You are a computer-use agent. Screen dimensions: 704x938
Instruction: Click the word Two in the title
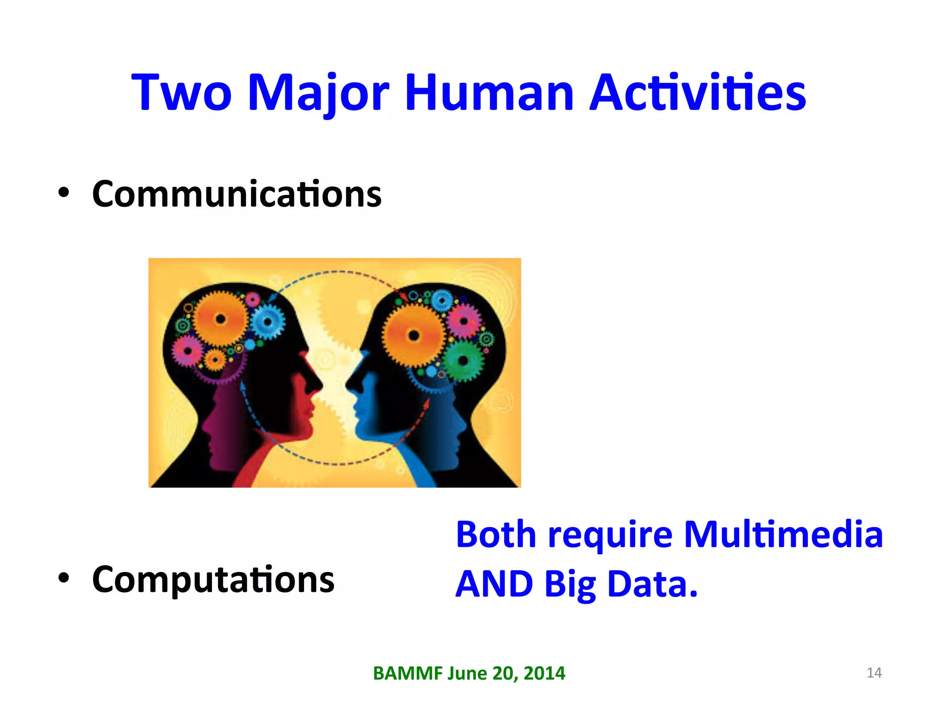(182, 93)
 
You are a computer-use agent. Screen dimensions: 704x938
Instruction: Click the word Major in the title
(318, 93)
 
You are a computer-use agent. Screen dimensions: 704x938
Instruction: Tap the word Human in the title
(489, 93)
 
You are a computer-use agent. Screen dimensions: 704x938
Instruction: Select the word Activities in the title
(697, 93)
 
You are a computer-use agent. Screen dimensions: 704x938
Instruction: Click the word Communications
(237, 194)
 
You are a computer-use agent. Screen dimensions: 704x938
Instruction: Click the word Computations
(213, 580)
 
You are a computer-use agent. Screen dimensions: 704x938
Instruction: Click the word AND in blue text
(494, 584)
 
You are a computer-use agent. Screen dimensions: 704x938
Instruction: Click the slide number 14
(874, 673)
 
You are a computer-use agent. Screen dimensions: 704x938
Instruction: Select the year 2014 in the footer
(544, 673)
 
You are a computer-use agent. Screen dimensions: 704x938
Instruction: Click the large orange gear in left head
(221, 319)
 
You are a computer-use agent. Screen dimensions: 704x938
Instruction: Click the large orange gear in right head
(414, 335)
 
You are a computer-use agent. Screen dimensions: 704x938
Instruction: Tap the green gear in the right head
(463, 361)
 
